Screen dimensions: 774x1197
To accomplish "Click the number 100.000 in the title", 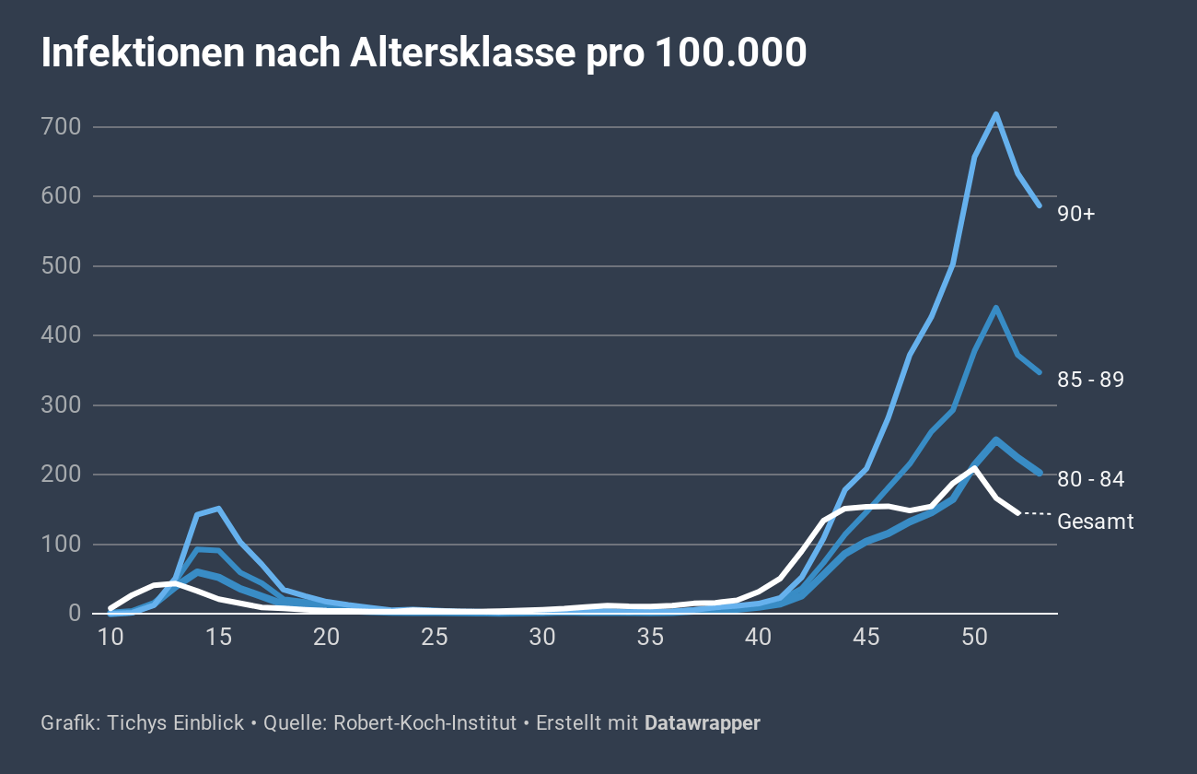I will pyautogui.click(x=731, y=54).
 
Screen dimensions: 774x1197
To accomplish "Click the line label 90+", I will pyautogui.click(x=1075, y=214).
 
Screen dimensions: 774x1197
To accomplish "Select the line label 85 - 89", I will pyautogui.click(x=1091, y=380).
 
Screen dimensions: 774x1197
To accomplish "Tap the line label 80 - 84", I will pyautogui.click(x=1091, y=479).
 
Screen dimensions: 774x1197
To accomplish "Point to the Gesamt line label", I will pyautogui.click(x=1096, y=522).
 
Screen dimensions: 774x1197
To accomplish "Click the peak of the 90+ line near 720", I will pyautogui.click(x=995, y=114).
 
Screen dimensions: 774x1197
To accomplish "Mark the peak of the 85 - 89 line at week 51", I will pyautogui.click(x=995, y=308).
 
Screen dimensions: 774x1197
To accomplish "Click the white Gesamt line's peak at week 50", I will pyautogui.click(x=974, y=469).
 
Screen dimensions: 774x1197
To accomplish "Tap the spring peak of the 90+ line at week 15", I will pyautogui.click(x=218, y=508).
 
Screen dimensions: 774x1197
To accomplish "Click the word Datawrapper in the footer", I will pyautogui.click(x=702, y=723).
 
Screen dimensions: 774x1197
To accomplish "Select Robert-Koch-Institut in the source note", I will pyautogui.click(x=424, y=723).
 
